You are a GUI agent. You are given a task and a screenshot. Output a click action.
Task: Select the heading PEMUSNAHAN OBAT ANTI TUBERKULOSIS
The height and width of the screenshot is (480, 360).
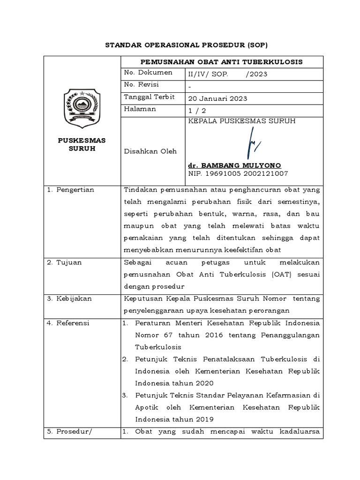(222, 62)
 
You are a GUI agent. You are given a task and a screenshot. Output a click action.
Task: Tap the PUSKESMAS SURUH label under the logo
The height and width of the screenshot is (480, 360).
(82, 144)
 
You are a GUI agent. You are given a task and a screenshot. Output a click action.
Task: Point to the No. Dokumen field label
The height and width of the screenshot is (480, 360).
(148, 73)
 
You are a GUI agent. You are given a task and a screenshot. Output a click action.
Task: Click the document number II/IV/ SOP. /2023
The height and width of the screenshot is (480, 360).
(222, 74)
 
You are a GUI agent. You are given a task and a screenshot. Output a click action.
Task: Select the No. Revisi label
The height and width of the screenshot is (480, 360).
(141, 85)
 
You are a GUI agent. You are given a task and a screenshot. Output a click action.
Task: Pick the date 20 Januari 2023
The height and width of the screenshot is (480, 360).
(217, 98)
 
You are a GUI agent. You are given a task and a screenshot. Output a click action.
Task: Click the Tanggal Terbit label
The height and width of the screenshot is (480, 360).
(149, 97)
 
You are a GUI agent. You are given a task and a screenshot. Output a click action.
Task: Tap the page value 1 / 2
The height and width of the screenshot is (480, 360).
(197, 110)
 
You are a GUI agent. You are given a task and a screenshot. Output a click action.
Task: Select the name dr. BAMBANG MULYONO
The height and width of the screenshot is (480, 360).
(234, 165)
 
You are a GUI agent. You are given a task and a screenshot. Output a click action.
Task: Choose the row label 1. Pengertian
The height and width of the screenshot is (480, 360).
(71, 190)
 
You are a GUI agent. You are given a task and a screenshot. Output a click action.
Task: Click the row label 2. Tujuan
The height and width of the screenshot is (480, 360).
(65, 262)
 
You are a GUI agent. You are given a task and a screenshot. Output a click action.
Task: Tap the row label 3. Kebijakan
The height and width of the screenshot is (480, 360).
(69, 299)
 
